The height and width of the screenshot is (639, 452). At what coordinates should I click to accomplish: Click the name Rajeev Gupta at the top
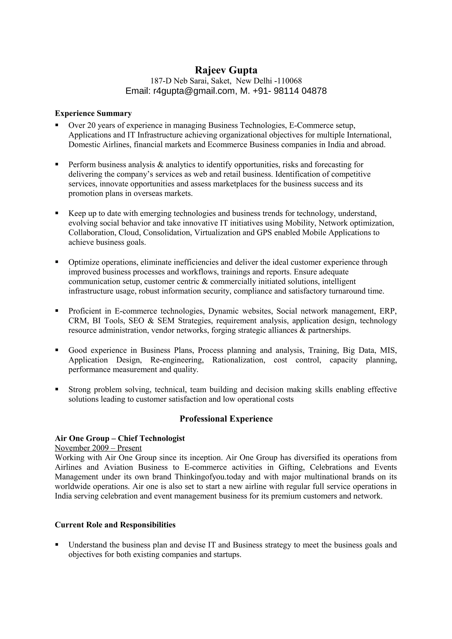pyautogui.click(x=226, y=70)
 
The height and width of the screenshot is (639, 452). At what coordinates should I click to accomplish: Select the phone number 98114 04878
pyautogui.click(x=300, y=91)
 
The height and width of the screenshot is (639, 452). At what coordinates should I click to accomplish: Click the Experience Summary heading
pyautogui.click(x=93, y=114)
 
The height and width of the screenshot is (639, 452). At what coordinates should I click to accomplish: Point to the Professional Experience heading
pyautogui.click(x=226, y=419)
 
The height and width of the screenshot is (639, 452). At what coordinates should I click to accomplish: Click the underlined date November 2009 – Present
pyautogui.click(x=98, y=448)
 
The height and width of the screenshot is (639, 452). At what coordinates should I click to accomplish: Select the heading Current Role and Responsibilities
pyautogui.click(x=115, y=525)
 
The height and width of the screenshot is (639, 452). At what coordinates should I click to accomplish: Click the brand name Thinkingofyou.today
pyautogui.click(x=210, y=477)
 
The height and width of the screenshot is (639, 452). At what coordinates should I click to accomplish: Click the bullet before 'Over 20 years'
pyautogui.click(x=57, y=125)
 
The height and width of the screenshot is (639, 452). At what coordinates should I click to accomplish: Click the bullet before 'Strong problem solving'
pyautogui.click(x=57, y=389)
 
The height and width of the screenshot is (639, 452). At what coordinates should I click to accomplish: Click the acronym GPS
pyautogui.click(x=264, y=233)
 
